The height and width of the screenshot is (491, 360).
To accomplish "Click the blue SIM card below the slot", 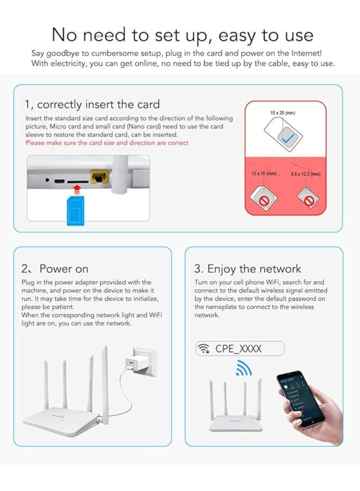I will coord(75,211).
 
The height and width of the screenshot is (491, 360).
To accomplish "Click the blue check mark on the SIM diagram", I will coord(286,140).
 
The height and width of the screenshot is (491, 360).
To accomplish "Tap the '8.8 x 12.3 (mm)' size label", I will coord(306,173).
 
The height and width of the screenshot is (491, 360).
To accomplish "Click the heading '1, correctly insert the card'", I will coord(92,104).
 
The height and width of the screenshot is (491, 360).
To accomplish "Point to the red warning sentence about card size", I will coord(107,143).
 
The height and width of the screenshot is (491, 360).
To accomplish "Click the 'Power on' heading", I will coord(63,268).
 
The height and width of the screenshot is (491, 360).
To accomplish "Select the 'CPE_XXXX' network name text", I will coord(238,349).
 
